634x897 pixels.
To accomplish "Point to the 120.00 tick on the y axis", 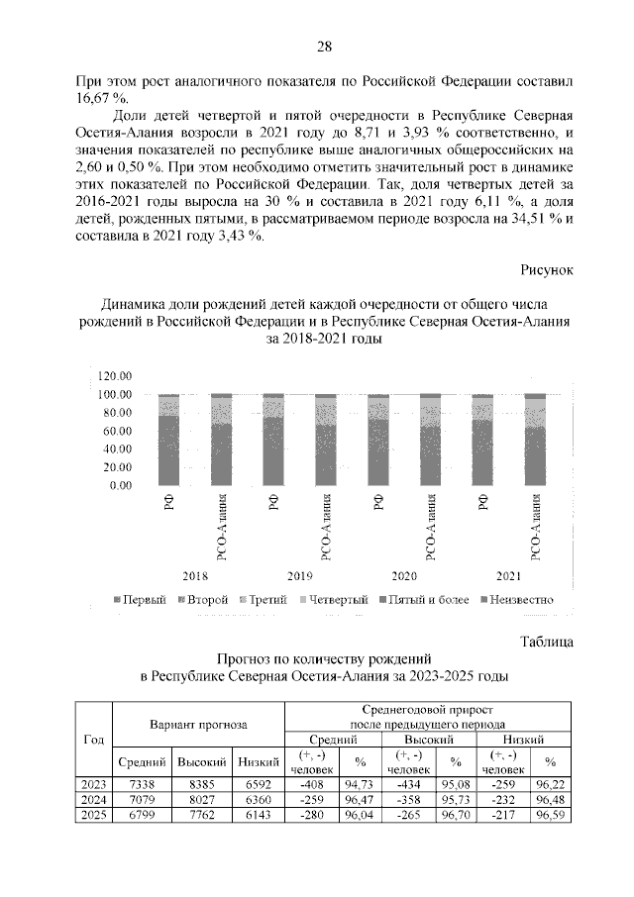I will [115, 375].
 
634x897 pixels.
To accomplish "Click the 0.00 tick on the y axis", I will [121, 485].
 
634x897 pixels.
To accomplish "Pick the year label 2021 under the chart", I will [508, 574].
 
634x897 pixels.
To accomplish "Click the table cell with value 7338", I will [134, 784].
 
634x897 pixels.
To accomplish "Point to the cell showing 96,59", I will [551, 815].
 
